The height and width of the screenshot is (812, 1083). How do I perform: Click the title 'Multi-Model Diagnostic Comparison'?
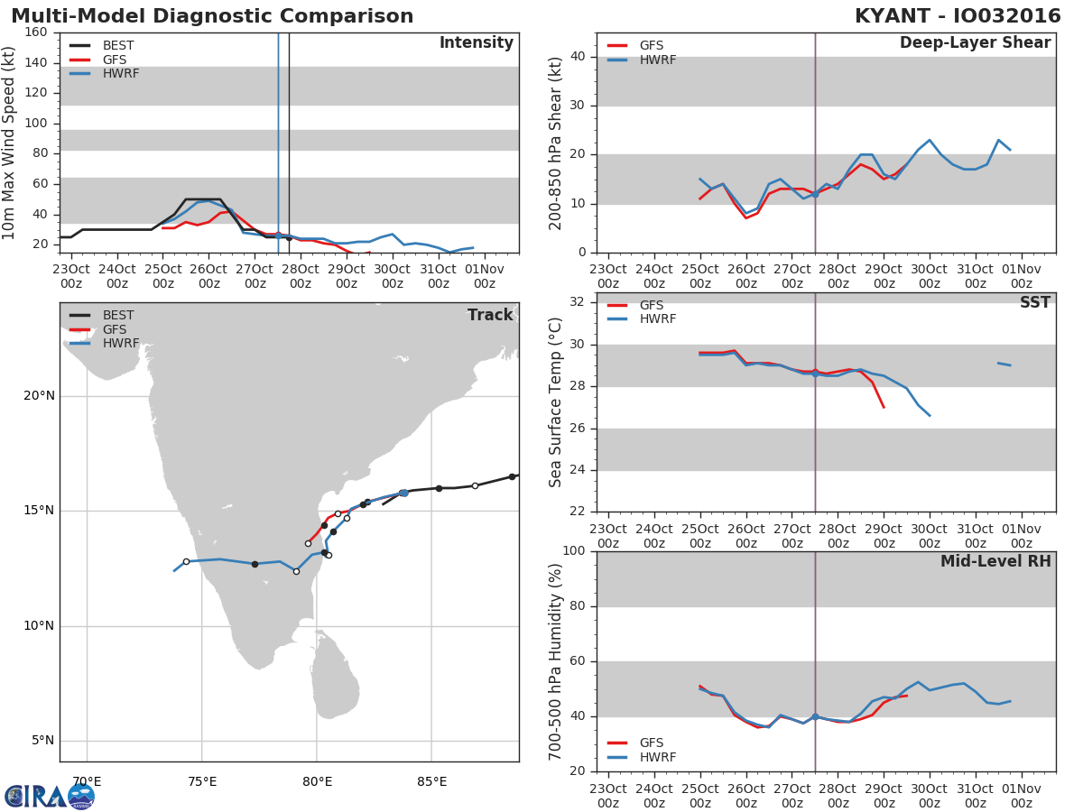pyautogui.click(x=212, y=15)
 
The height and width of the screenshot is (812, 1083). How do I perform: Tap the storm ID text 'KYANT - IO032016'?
pyautogui.click(x=958, y=15)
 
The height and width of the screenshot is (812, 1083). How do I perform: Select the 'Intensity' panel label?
pyautogui.click(x=477, y=43)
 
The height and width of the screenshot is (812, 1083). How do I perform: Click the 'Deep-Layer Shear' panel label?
pyautogui.click(x=975, y=43)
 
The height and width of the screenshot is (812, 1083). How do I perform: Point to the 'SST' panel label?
pyautogui.click(x=1035, y=302)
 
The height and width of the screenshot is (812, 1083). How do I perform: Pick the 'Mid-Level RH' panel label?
pyautogui.click(x=995, y=561)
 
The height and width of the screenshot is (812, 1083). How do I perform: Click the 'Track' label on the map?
pyautogui.click(x=490, y=315)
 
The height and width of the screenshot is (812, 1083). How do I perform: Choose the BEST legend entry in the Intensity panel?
pyautogui.click(x=102, y=45)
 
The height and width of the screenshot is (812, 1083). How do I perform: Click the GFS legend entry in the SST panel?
pyautogui.click(x=635, y=305)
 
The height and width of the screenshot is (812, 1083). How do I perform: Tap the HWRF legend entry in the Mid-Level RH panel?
pyautogui.click(x=642, y=757)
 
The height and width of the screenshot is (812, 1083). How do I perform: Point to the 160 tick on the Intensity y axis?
pyautogui.click(x=36, y=32)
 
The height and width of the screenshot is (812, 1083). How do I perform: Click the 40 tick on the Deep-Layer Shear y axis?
pyautogui.click(x=578, y=57)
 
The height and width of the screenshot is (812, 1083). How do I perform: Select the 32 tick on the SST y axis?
pyautogui.click(x=578, y=301)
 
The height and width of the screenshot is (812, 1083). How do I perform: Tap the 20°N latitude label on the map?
pyautogui.click(x=39, y=395)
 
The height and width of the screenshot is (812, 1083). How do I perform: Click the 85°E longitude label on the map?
pyautogui.click(x=431, y=781)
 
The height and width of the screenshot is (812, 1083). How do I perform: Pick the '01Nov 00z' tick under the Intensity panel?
pyautogui.click(x=485, y=276)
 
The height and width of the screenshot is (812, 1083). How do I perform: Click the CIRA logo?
pyautogui.click(x=50, y=797)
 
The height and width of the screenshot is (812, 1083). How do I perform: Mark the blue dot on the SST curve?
pyautogui.click(x=815, y=374)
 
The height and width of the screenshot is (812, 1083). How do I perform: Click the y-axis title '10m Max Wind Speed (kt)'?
pyautogui.click(x=8, y=143)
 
